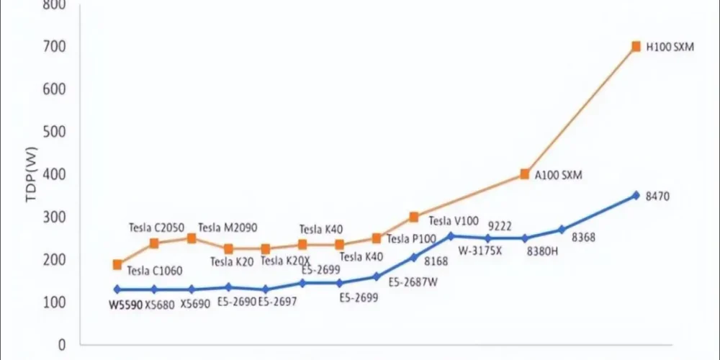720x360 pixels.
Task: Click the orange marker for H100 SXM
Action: tap(636, 47)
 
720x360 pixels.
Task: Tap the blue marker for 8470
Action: tap(636, 195)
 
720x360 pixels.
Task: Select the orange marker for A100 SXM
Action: tap(525, 174)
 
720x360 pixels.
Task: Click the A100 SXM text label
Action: tap(558, 175)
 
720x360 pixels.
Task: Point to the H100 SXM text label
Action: tap(670, 48)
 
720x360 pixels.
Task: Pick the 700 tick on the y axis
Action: tap(56, 47)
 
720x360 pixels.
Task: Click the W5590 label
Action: tap(125, 305)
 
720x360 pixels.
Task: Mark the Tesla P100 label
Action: tap(411, 239)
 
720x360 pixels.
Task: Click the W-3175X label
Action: tap(480, 251)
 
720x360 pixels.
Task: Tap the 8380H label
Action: tap(543, 252)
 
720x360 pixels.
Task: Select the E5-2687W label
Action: tap(413, 283)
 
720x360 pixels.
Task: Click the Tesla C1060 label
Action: tap(155, 271)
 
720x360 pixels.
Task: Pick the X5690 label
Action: tap(195, 305)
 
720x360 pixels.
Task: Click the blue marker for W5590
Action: tap(117, 289)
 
